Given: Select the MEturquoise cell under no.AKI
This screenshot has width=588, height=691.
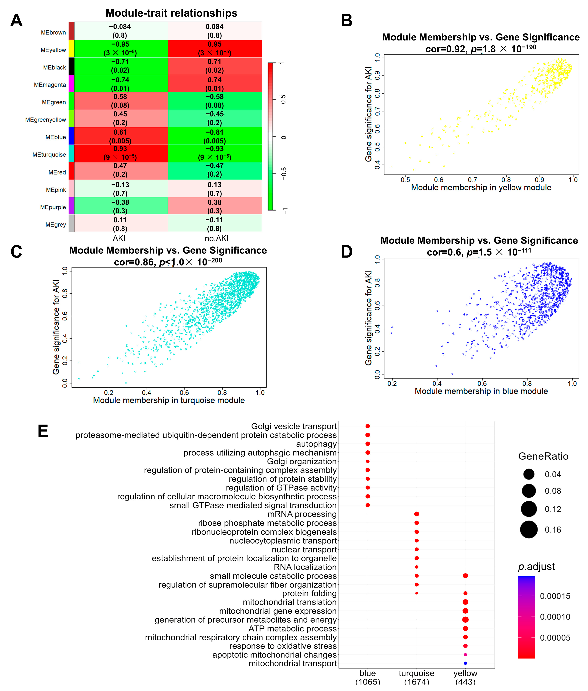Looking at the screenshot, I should click(215, 153).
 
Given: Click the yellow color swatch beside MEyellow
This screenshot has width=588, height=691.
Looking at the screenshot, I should click(71, 49).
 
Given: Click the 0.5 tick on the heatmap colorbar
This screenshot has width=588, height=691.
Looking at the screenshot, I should click(283, 99).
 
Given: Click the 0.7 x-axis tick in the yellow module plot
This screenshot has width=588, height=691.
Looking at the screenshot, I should click(472, 180).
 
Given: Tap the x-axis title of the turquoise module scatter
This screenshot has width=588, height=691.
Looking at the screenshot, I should click(169, 400).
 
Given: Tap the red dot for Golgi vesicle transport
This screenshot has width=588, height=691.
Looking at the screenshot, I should click(368, 426).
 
